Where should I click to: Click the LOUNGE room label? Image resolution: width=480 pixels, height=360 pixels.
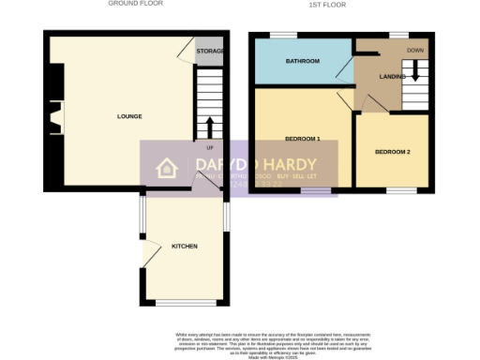click(x=129, y=116)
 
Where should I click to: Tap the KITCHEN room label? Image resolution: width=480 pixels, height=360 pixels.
click(x=184, y=246)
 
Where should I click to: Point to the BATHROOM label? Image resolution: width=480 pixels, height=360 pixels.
click(x=303, y=62)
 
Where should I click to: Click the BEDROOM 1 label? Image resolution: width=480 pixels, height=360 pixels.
click(x=303, y=141)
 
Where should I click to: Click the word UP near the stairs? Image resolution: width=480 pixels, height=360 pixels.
click(x=209, y=147)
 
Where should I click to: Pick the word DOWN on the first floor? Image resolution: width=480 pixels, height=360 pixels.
click(x=414, y=50)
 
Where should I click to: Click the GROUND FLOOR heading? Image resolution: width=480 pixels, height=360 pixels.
click(x=136, y=4)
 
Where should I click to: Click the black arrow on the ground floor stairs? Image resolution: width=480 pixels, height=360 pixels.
click(x=209, y=127)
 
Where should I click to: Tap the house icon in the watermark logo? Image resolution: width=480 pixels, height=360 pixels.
click(x=167, y=169)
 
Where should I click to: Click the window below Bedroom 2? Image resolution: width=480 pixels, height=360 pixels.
click(x=402, y=190)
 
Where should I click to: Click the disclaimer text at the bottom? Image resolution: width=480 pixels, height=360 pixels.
click(x=240, y=341)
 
